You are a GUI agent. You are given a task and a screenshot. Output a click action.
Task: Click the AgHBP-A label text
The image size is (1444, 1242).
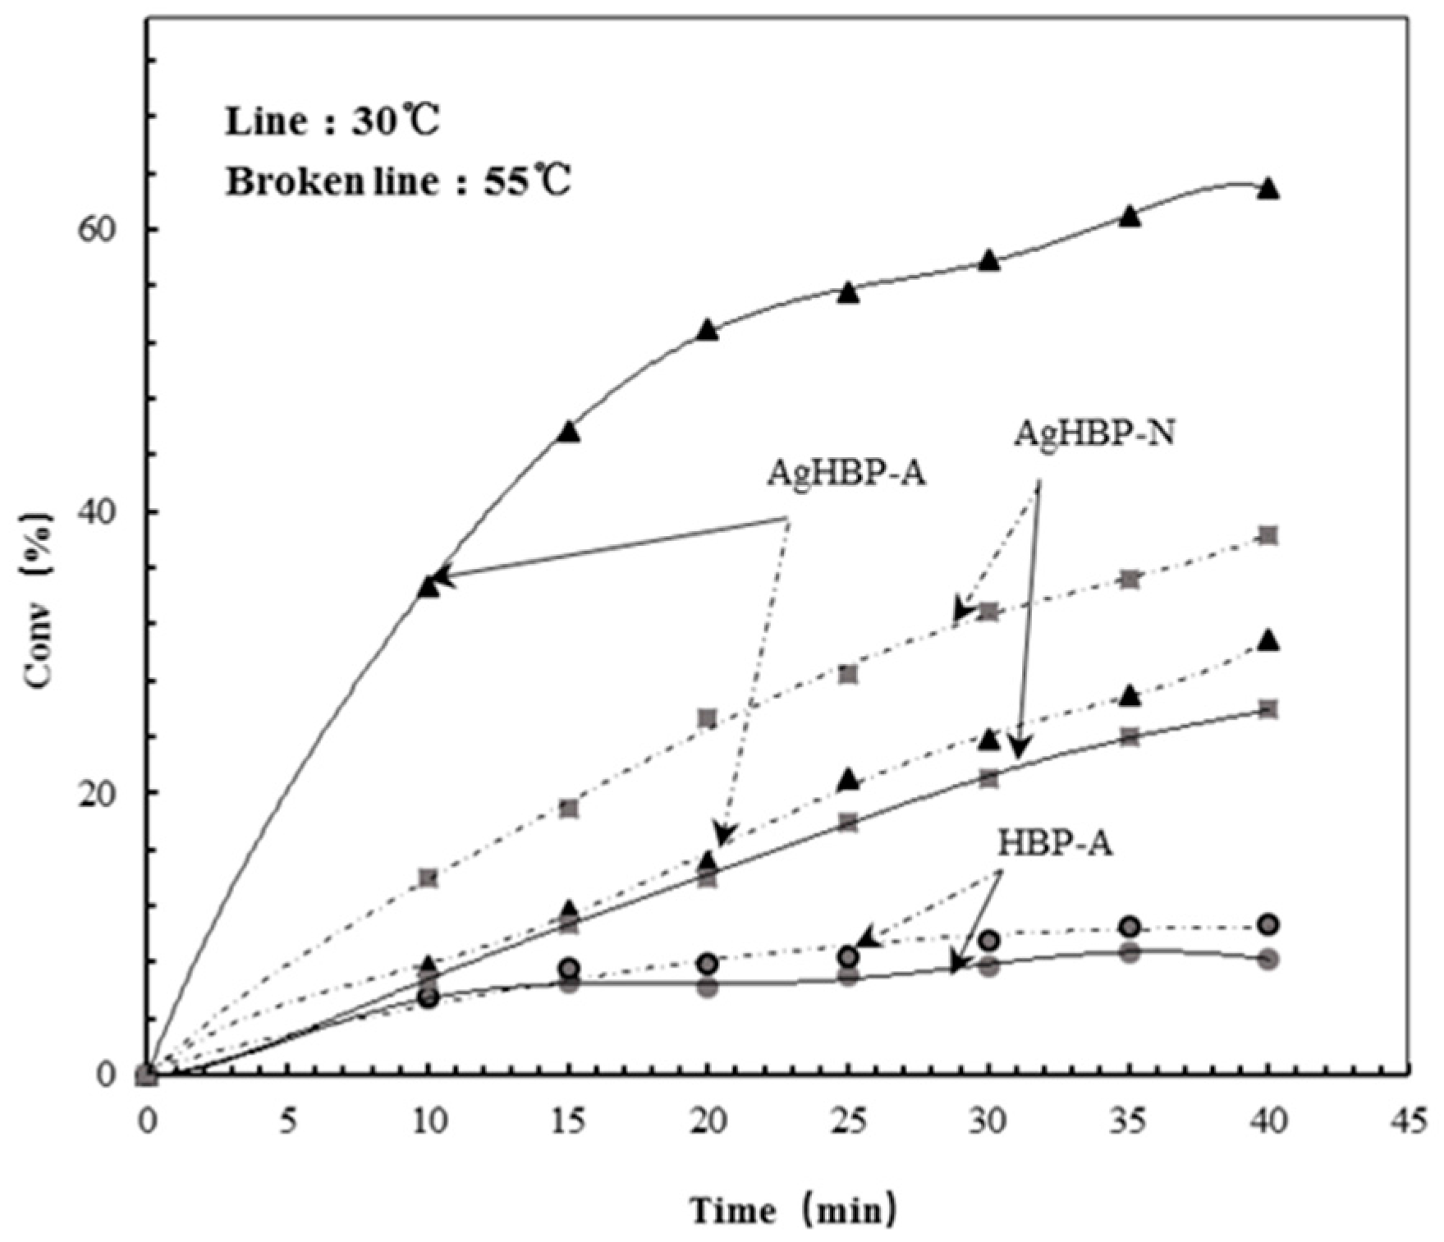[x=846, y=474]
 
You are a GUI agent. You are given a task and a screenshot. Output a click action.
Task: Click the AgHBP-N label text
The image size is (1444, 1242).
[x=1093, y=433]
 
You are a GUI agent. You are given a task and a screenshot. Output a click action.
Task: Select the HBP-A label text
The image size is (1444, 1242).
[x=1056, y=844]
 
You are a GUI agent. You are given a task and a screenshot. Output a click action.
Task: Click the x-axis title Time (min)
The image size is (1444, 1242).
[x=793, y=1211]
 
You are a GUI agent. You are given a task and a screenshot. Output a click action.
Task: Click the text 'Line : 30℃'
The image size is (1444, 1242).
[x=332, y=122]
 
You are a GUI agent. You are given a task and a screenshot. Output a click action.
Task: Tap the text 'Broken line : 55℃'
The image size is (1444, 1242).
[x=398, y=181]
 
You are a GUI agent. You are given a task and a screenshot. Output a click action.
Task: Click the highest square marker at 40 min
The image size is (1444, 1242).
[x=1268, y=536]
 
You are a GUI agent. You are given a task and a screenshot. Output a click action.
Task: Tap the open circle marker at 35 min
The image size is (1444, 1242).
[x=1130, y=927]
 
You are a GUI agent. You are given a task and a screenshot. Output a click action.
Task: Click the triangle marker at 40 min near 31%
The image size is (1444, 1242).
[x=1268, y=642]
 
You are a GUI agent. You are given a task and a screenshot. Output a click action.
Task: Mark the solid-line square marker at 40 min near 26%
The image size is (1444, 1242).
[x=1268, y=709]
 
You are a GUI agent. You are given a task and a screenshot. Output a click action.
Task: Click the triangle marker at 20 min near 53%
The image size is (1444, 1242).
[x=708, y=331]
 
